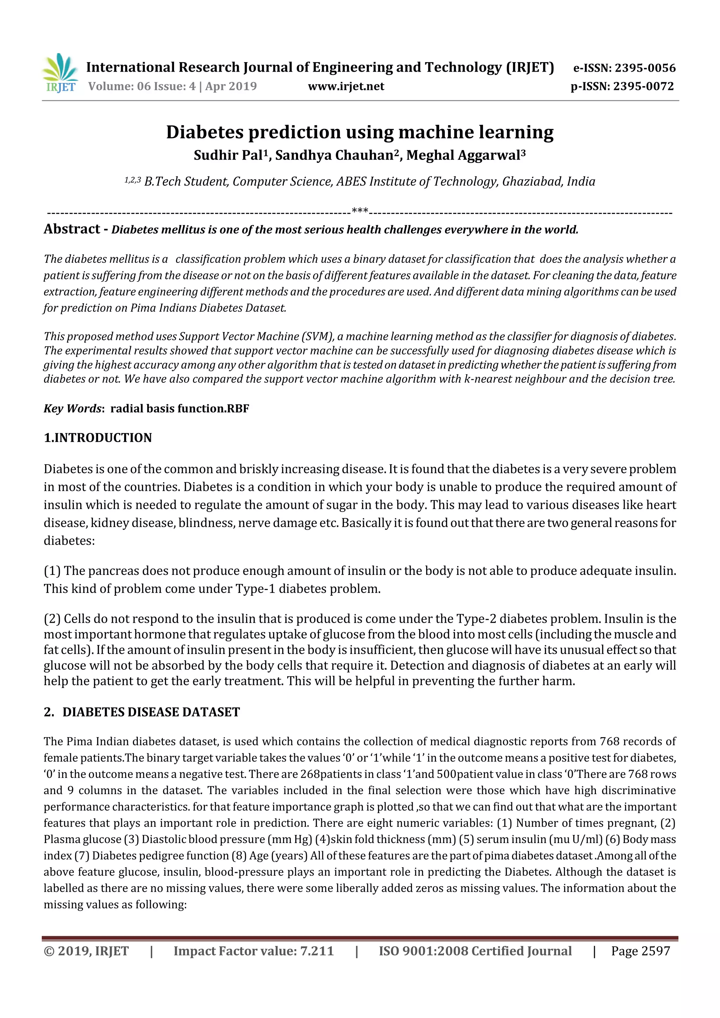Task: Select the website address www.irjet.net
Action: pos(346,86)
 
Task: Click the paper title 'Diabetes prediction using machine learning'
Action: pos(360,132)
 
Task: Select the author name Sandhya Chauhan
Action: pos(334,156)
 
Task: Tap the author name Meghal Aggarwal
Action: pos(463,156)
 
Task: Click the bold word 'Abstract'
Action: pos(72,229)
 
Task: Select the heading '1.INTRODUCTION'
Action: pos(98,438)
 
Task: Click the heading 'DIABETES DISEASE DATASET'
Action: pos(151,712)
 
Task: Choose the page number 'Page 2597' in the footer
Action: pos(640,951)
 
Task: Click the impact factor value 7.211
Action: pos(317,951)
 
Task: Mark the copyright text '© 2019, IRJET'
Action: pos(86,951)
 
